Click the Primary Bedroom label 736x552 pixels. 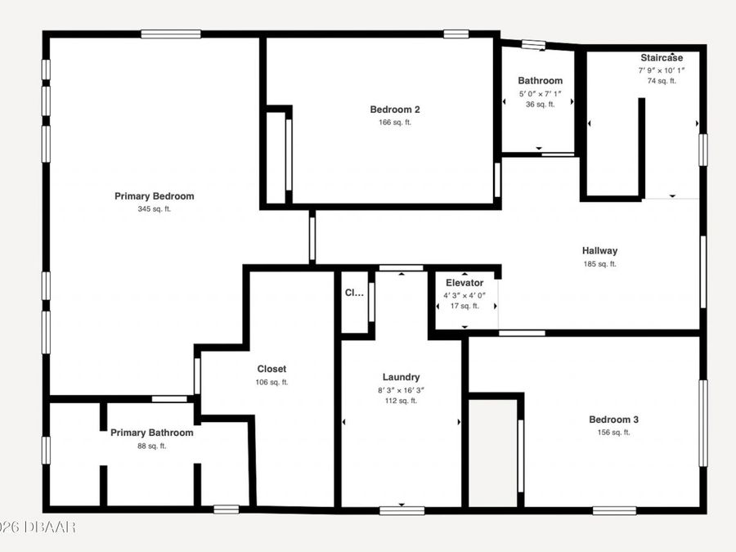point(154,196)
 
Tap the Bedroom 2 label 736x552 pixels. point(395,110)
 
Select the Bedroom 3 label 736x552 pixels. point(613,420)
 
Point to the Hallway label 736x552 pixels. point(599,251)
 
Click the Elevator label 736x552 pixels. point(464,283)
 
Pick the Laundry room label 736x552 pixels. point(402,377)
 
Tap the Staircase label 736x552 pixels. point(661,58)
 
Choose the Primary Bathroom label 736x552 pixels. point(152,433)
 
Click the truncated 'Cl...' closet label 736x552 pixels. point(353,293)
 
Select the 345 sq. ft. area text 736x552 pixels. point(154,209)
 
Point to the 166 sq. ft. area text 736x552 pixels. point(395,123)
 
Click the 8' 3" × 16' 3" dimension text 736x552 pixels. point(402,390)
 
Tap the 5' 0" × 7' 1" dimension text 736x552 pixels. point(540,94)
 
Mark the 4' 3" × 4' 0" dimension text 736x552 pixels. point(464,295)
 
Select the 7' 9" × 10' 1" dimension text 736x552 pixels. point(661,70)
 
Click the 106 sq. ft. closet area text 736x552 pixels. point(272,382)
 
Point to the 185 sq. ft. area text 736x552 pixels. point(599,264)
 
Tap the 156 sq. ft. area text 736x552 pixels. point(613,433)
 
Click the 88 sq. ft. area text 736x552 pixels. point(152,446)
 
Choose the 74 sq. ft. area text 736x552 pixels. point(661,81)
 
